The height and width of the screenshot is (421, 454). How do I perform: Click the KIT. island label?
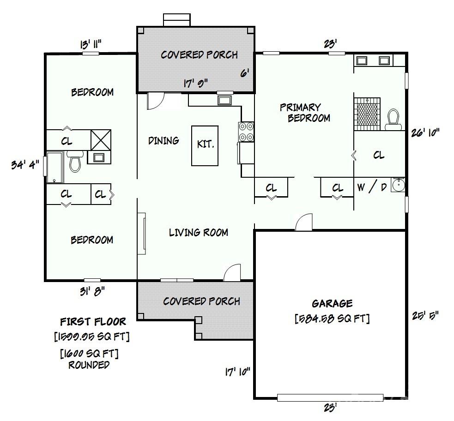206,144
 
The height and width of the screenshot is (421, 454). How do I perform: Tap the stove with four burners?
246,131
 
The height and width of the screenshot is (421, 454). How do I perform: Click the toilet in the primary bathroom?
393,118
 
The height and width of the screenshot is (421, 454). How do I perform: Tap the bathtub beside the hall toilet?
54,167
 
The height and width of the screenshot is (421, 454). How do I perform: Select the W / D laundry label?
372,187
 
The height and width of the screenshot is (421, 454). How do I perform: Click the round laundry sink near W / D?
398,185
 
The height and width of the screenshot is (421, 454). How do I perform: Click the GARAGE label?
332,303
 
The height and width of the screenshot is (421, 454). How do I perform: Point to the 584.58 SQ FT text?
332,319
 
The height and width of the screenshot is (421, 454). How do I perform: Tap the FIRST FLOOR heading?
92,321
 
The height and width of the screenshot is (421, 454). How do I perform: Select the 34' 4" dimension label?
25,164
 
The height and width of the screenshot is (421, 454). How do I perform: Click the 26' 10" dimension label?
425,133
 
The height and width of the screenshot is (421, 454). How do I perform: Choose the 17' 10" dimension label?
237,372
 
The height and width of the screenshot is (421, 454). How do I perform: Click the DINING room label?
163,140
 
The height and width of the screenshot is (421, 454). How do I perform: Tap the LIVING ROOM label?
198,232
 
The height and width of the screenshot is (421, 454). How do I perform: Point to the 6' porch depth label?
245,73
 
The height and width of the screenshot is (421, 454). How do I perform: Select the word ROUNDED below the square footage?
89,365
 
